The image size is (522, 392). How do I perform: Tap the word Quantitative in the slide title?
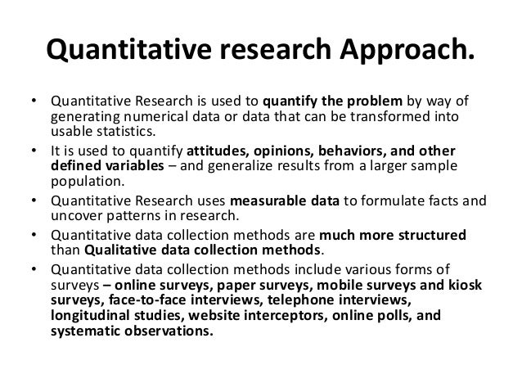[x=130, y=52]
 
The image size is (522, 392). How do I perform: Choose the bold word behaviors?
[x=367, y=152]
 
